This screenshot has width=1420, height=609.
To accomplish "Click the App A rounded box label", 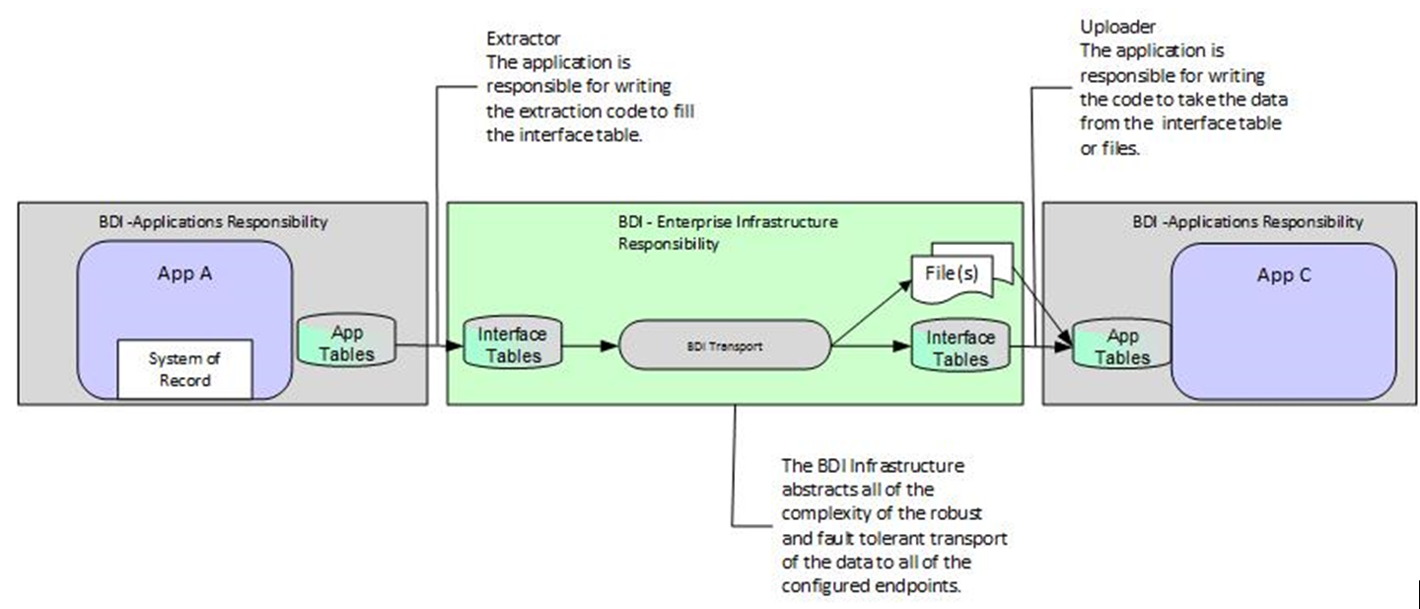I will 184,273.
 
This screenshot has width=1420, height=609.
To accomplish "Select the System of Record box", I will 185,368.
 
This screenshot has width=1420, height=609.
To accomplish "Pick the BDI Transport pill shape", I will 724,346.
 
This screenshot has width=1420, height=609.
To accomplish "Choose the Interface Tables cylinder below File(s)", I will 960,346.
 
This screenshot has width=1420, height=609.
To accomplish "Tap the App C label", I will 1283,275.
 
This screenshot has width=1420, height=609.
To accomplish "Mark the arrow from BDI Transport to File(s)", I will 873,313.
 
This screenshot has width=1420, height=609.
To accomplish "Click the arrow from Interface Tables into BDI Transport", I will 583,346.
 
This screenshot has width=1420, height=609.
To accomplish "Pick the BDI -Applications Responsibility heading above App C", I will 1247,222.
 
